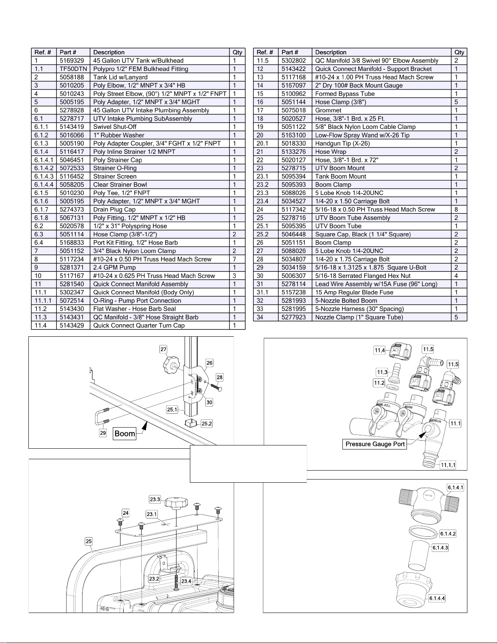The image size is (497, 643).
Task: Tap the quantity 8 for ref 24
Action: (x=456, y=209)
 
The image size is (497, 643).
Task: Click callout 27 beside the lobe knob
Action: (x=163, y=349)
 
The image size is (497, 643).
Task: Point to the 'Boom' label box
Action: (x=125, y=434)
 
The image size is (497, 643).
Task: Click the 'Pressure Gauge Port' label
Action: (x=375, y=444)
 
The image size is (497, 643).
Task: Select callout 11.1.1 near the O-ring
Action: (x=448, y=465)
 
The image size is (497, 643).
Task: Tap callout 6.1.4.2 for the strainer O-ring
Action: (x=448, y=534)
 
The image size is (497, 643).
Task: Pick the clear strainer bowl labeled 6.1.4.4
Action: (x=413, y=589)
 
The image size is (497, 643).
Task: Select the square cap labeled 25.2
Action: (x=192, y=424)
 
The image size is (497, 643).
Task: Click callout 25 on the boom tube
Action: (x=89, y=541)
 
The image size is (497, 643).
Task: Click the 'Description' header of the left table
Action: (x=109, y=52)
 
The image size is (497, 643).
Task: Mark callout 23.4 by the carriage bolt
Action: (x=186, y=581)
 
